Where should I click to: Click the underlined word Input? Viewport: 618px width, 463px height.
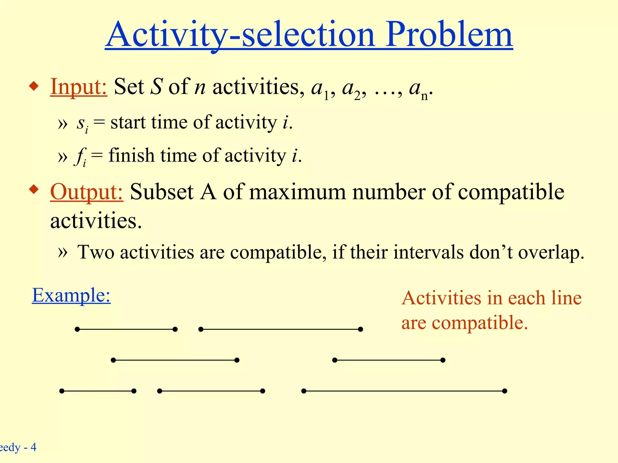pos(78,87)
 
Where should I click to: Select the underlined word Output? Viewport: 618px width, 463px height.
pos(87,192)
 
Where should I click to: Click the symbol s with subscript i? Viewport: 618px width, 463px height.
pos(82,124)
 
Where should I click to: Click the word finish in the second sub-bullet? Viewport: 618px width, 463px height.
pos(131,155)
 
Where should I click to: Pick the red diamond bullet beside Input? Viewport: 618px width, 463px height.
pos(34,87)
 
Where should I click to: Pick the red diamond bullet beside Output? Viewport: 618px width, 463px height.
pos(34,190)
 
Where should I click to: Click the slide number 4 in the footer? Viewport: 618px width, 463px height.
pos(33,447)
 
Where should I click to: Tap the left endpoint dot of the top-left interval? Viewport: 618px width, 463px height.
pos(77,329)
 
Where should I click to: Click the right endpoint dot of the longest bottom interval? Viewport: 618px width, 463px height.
pos(505,391)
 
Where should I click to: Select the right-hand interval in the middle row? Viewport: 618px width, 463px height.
pos(389,360)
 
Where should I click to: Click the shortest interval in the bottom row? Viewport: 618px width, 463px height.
pos(98,391)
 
